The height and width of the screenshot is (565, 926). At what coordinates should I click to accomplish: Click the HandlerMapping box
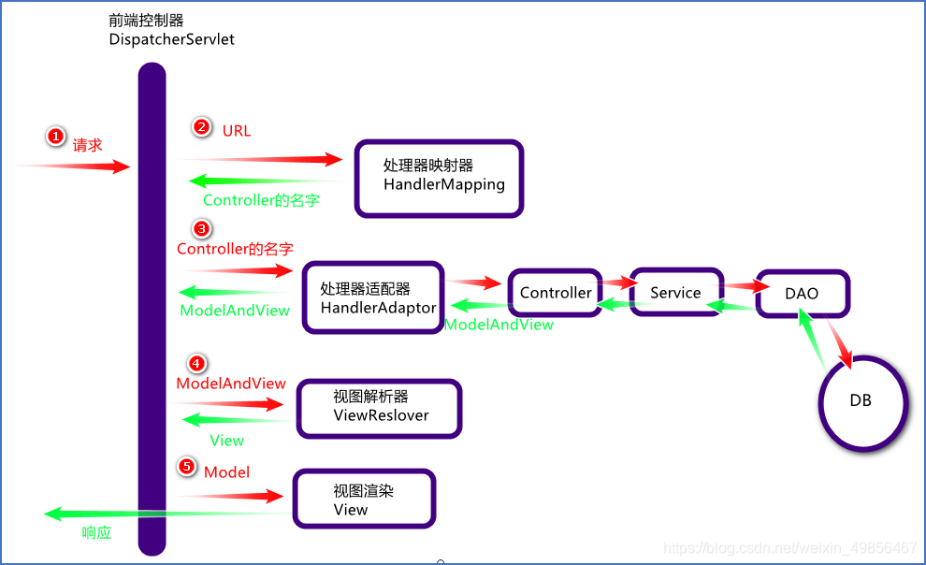(x=439, y=179)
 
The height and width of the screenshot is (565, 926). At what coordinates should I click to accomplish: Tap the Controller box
(x=556, y=293)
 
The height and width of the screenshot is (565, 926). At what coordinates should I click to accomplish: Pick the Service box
(x=675, y=293)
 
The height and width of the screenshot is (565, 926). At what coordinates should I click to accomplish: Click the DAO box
(x=802, y=293)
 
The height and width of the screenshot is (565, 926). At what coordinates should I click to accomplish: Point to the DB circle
(x=861, y=400)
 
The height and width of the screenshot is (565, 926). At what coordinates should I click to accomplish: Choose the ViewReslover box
(x=379, y=408)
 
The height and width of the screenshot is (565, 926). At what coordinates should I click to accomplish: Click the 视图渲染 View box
(x=364, y=500)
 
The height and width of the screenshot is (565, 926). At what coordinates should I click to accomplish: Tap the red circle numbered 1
(x=55, y=137)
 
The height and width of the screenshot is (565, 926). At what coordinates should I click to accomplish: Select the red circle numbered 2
(x=201, y=127)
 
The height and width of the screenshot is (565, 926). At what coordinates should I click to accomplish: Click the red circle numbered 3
(x=201, y=228)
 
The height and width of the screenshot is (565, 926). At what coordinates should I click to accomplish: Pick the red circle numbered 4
(x=195, y=363)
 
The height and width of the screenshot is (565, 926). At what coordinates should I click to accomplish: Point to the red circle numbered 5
(x=187, y=466)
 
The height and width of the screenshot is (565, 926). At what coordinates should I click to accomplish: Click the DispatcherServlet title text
(x=172, y=39)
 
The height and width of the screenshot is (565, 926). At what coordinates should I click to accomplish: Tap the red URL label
(x=237, y=131)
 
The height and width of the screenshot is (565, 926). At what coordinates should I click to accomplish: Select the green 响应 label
(x=96, y=532)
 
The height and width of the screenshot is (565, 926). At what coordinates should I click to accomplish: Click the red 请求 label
(x=87, y=145)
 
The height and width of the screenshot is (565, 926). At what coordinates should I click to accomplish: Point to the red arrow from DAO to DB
(x=838, y=341)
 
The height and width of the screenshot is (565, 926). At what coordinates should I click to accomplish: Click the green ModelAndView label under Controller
(x=499, y=325)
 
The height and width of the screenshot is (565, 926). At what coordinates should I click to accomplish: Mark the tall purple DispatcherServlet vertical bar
(x=152, y=309)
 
